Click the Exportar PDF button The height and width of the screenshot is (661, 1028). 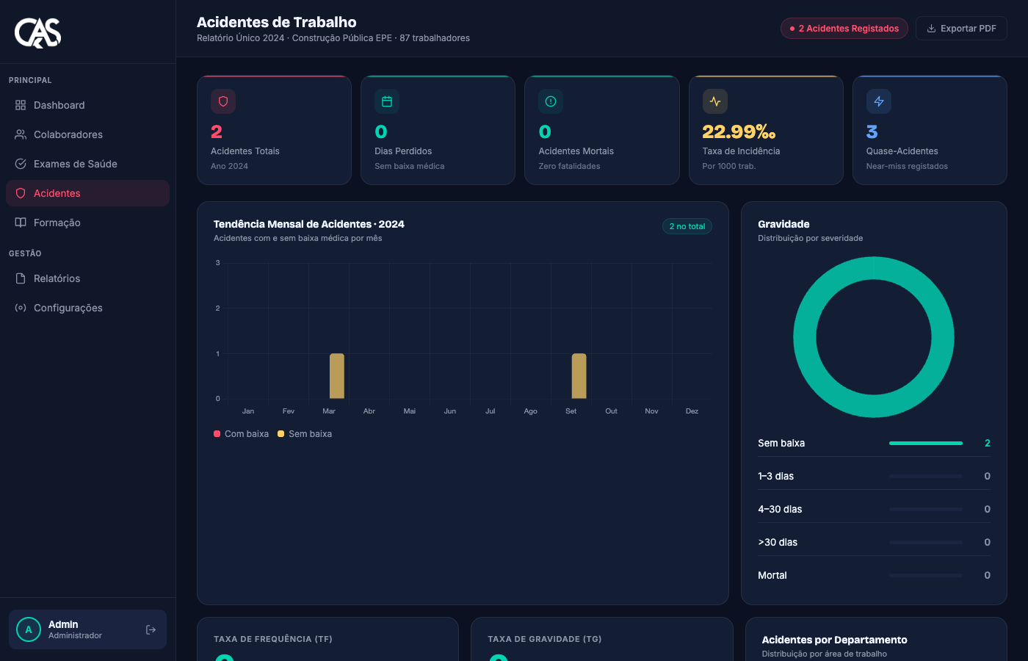(961, 29)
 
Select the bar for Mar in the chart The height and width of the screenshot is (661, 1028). (337, 376)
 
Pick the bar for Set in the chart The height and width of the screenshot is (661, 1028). (579, 376)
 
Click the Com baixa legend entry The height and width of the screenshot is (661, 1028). (241, 434)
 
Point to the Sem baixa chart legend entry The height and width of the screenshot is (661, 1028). (305, 434)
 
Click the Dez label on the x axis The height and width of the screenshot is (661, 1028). (692, 411)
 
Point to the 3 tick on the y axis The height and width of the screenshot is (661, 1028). (217, 263)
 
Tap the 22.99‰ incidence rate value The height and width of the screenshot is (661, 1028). (739, 132)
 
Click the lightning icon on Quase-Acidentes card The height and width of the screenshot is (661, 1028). (879, 101)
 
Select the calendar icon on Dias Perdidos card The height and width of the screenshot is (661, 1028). (387, 101)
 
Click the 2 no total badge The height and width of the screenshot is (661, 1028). (687, 226)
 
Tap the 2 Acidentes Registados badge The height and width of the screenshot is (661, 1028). (844, 29)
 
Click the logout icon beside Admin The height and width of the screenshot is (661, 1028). (151, 630)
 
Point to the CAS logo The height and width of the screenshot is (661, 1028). (37, 32)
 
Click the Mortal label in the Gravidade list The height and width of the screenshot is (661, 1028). (772, 575)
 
